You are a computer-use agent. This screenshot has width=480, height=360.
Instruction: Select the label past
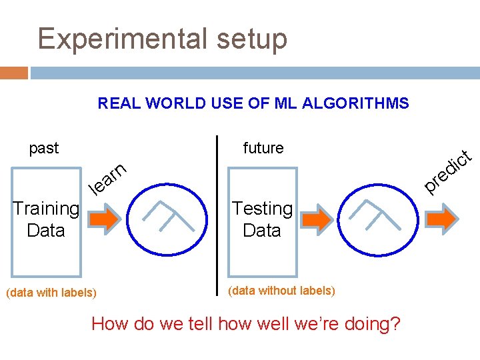[44, 148]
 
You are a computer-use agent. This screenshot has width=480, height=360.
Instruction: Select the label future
[263, 148]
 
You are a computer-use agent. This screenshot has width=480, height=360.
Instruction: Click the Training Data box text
[46, 219]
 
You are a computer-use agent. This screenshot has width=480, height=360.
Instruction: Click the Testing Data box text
[262, 219]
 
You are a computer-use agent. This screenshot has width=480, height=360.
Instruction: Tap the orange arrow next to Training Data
[103, 219]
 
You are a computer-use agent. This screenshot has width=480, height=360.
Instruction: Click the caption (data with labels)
[51, 293]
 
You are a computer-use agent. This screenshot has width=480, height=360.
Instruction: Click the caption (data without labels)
[281, 291]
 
